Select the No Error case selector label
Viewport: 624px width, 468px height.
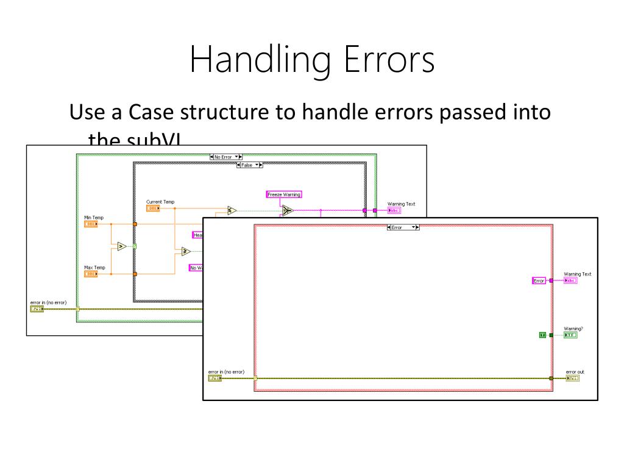click(x=225, y=157)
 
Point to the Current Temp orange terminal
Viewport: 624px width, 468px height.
click(x=152, y=208)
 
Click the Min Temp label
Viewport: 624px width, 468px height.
click(x=94, y=217)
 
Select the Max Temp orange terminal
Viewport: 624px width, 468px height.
click(x=90, y=274)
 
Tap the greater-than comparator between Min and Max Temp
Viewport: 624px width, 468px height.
click(x=121, y=246)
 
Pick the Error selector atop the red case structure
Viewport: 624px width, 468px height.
click(x=403, y=227)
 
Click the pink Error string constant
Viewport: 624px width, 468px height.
click(x=539, y=281)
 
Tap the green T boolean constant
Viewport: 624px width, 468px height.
click(x=542, y=335)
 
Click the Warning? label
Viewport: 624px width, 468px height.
click(x=573, y=328)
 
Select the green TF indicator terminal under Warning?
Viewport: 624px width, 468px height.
click(x=570, y=335)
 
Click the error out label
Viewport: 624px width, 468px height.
click(x=575, y=372)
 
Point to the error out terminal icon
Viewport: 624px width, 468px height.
click(x=573, y=378)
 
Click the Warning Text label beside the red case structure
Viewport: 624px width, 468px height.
click(x=577, y=274)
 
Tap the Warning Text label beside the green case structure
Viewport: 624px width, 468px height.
click(x=401, y=204)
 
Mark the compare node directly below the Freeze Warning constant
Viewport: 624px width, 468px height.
click(x=287, y=211)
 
